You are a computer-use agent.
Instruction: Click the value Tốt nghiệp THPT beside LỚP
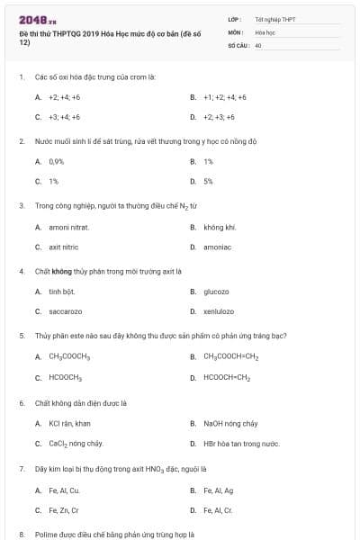(275, 18)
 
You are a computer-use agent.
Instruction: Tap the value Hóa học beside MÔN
(264, 31)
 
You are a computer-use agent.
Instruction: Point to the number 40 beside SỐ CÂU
(257, 44)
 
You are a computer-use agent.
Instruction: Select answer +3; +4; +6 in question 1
(64, 117)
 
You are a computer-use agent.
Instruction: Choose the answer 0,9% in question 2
(56, 161)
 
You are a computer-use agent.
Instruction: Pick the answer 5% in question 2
(208, 181)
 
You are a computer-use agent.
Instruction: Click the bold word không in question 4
(61, 271)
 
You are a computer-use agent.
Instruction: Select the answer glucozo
(216, 292)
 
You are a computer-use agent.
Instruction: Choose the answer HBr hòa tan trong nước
(241, 444)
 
